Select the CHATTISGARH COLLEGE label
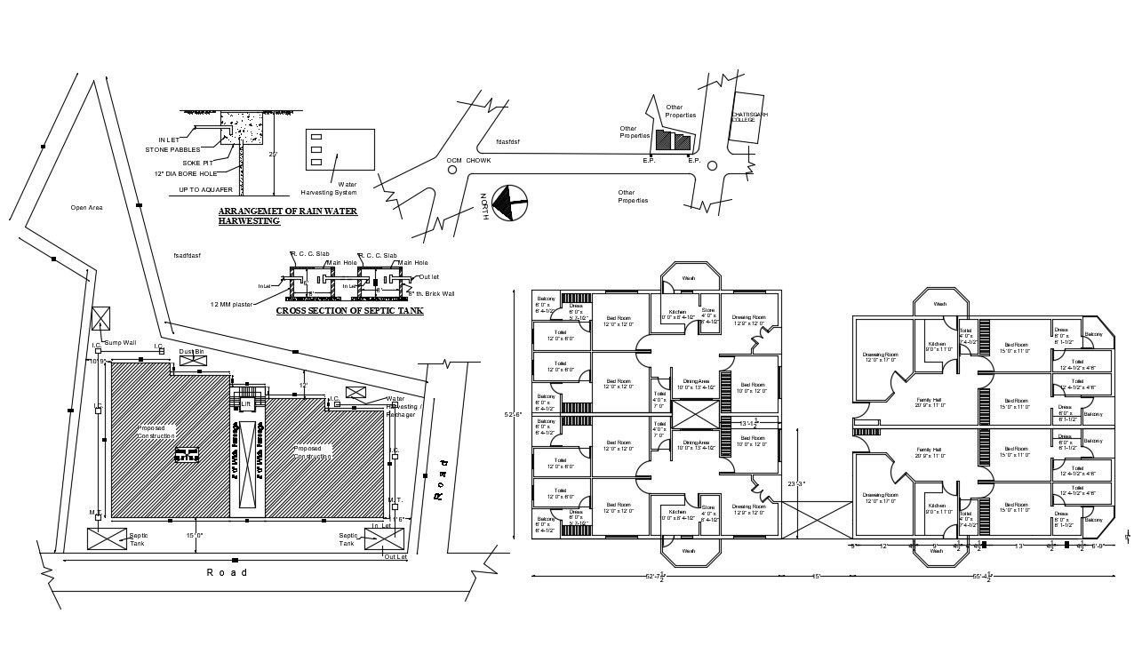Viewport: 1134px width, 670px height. click(749, 116)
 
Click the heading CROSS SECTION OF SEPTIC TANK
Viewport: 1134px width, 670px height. click(349, 311)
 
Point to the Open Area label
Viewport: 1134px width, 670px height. click(86, 208)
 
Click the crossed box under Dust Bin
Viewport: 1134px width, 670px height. click(193, 361)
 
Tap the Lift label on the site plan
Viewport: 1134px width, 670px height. click(245, 403)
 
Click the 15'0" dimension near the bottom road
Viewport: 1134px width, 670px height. click(194, 535)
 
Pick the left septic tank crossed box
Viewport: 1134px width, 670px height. click(108, 538)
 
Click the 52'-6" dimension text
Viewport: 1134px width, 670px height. click(514, 415)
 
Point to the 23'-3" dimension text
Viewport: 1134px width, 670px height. click(795, 483)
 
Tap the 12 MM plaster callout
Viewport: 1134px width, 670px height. click(231, 304)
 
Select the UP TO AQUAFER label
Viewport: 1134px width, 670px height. click(205, 189)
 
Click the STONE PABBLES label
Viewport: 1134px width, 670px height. click(172, 149)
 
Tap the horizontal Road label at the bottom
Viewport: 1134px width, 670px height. click(228, 572)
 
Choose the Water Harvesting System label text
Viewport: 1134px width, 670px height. click(329, 188)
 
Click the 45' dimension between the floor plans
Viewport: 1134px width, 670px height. click(815, 578)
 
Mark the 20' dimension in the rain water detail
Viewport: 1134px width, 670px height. click(275, 154)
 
